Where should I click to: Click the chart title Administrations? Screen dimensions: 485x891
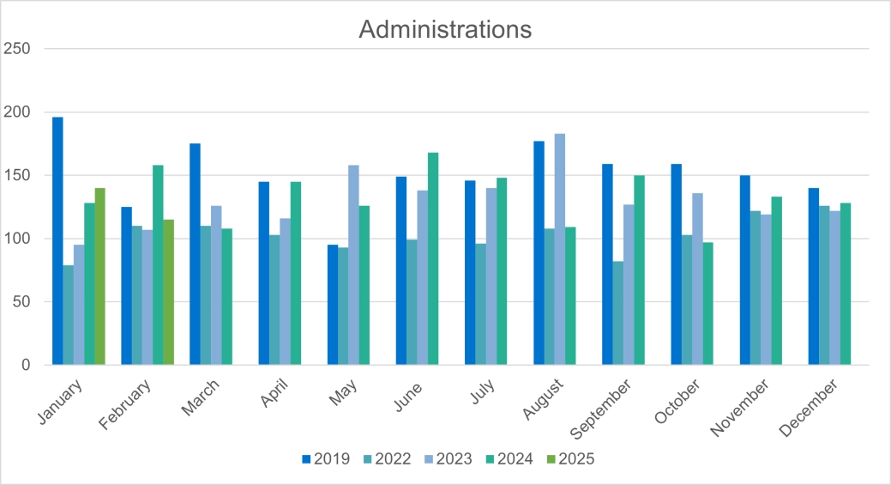coord(445,29)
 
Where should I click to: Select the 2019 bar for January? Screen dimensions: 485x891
coord(57,241)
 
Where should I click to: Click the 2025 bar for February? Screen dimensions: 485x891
coord(168,292)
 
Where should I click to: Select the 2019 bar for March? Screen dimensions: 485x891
coord(195,254)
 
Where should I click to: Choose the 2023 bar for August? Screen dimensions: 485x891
coord(560,249)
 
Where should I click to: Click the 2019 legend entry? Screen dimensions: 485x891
coord(326,459)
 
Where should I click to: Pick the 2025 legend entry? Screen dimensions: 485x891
coord(569,459)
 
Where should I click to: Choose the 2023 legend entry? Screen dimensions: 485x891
coord(448,459)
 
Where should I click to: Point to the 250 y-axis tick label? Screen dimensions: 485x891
coord(17,49)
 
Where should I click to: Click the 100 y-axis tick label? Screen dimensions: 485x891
coord(17,239)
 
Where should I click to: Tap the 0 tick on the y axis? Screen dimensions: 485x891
coord(26,365)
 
